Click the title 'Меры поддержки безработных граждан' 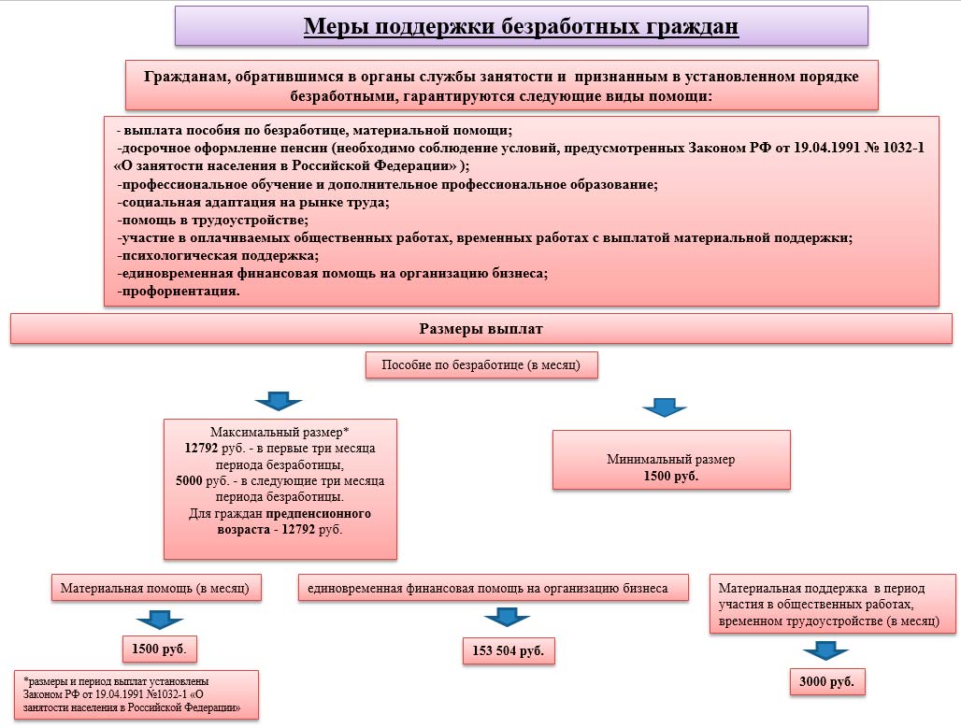coord(521,26)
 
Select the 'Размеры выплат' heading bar coord(481,329)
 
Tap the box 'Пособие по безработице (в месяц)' coord(481,365)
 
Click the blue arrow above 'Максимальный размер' coord(279,401)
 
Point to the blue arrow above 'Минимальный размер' coord(665,407)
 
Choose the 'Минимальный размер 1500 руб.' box coord(671,460)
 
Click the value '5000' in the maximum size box coord(189,480)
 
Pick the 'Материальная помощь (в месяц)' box coord(156,588)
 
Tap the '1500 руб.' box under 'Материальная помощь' coord(159,649)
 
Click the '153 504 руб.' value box coord(509,650)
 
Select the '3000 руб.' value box coord(826,681)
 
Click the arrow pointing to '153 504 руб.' coord(507,617)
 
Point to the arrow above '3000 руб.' coord(825,650)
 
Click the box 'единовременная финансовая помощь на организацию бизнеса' coord(494,588)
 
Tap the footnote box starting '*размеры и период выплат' coord(136,695)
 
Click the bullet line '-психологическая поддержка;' coord(218,255)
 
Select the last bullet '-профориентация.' coord(179,291)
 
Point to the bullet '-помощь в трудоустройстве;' coord(212,220)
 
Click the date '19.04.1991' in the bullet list coord(826,148)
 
